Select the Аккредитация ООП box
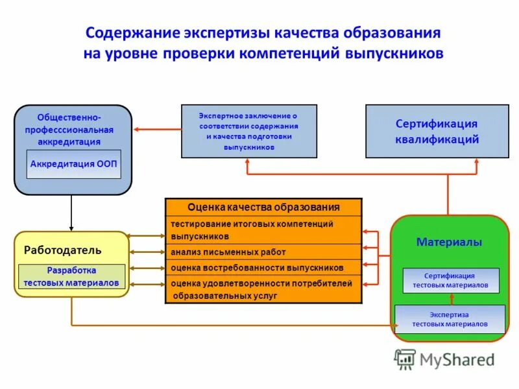[74, 164]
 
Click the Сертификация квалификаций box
[437, 132]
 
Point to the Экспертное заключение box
[248, 131]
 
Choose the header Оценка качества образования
[263, 207]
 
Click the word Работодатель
[63, 250]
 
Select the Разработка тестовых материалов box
[71, 276]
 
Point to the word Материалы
[449, 242]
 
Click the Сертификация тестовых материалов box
[451, 280]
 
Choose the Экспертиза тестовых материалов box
[450, 319]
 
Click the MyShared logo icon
[405, 359]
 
